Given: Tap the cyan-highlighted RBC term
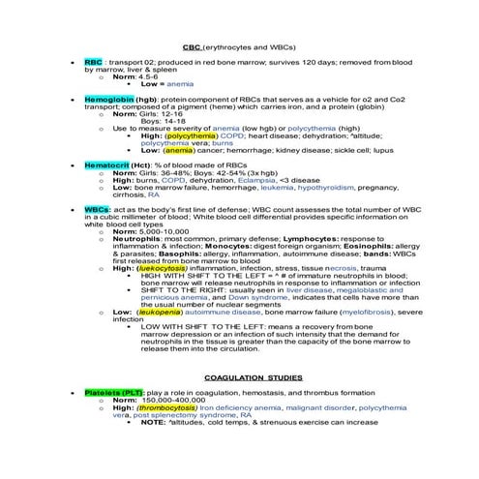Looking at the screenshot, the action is (x=93, y=60).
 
